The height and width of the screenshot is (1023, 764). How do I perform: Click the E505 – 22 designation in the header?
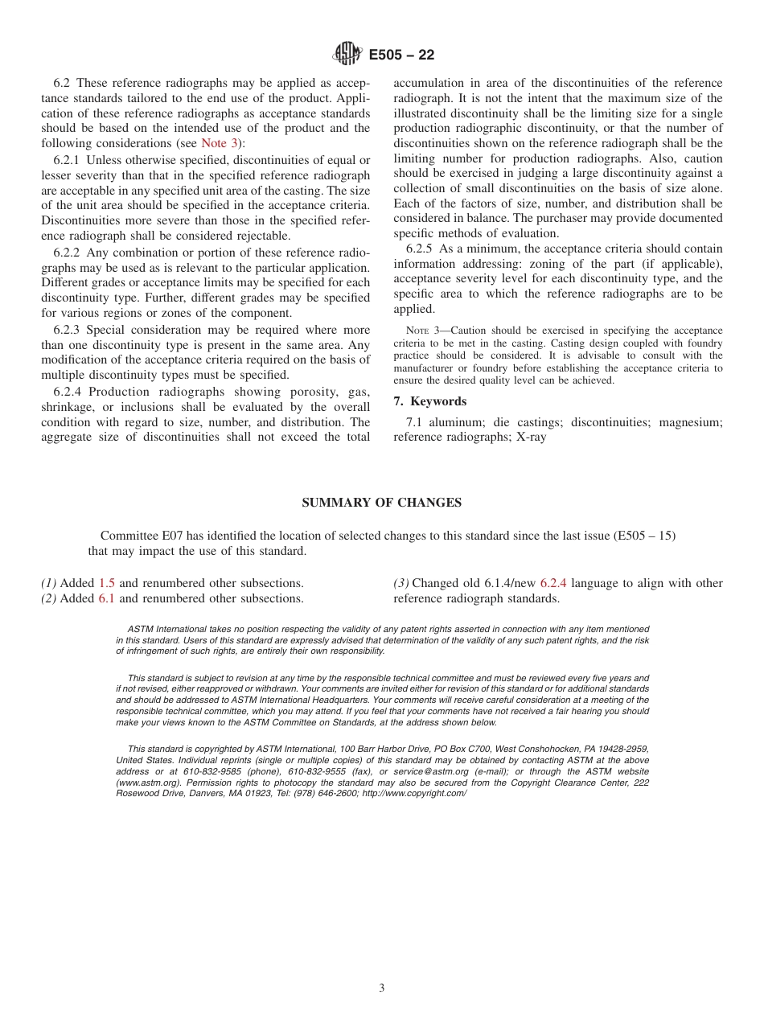click(x=401, y=55)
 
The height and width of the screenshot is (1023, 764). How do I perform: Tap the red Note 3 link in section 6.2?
click(x=219, y=143)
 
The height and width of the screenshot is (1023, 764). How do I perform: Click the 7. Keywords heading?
click(x=429, y=401)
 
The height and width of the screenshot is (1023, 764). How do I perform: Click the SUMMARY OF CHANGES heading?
click(x=381, y=503)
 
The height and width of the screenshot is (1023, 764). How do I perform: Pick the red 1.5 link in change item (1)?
click(x=107, y=583)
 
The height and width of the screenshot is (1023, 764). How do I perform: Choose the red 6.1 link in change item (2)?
click(x=107, y=598)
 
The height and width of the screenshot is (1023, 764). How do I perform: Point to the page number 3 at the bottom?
click(x=382, y=988)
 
